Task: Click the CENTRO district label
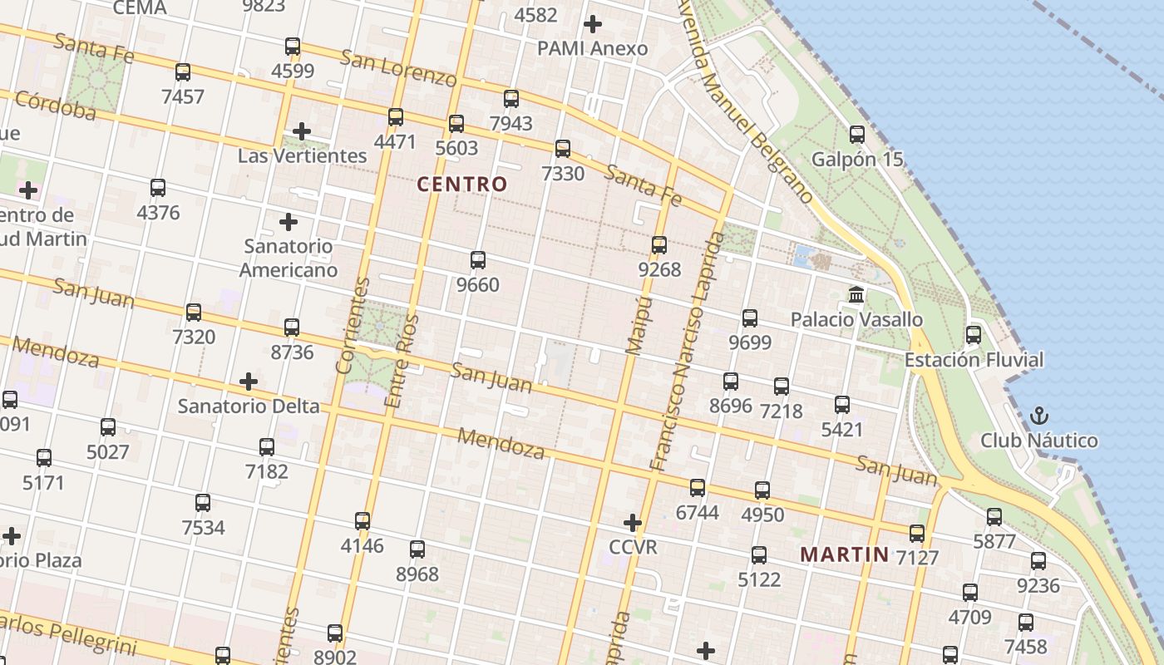462,185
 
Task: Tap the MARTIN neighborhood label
844,554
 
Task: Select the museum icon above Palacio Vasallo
856,294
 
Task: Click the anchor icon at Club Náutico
1038,415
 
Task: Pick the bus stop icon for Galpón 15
857,134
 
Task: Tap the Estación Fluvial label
974,360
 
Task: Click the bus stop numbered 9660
478,260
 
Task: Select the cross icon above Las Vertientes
302,131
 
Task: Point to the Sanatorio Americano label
289,258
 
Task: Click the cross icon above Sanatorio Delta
248,382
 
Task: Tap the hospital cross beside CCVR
633,523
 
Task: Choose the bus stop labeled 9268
659,245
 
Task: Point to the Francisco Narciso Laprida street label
687,349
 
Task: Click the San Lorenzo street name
399,68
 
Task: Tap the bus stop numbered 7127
917,534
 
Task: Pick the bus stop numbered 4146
363,521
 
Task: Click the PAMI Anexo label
592,48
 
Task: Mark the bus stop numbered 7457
183,72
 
